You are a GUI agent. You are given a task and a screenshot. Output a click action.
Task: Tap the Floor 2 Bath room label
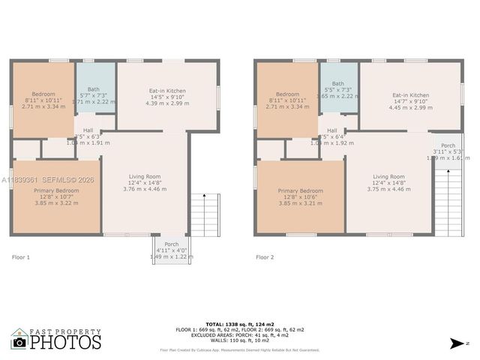tap(338, 84)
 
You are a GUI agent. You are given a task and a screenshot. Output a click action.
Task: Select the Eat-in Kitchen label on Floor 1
tap(167, 91)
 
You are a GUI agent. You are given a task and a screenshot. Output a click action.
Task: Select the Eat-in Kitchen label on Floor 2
tap(410, 95)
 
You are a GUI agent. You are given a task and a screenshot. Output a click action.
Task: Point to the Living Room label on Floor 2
tap(388, 177)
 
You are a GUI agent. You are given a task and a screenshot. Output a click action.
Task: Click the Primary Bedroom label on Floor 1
tap(56, 191)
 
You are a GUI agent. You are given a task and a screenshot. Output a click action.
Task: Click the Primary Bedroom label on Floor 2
tap(300, 191)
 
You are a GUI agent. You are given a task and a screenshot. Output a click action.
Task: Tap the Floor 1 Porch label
tap(171, 244)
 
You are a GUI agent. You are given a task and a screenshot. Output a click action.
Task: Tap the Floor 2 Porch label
tap(448, 145)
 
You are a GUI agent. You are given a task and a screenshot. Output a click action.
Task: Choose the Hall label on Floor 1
tap(88, 130)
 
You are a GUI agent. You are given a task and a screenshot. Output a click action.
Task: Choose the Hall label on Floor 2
tap(331, 130)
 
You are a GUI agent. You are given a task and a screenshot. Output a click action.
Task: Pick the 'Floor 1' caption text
tap(21, 257)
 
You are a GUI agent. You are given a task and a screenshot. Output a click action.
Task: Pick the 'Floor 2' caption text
tap(264, 257)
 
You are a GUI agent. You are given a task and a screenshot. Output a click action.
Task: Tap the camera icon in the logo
tap(19, 342)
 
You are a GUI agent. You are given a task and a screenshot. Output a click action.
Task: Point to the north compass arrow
tap(455, 343)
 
